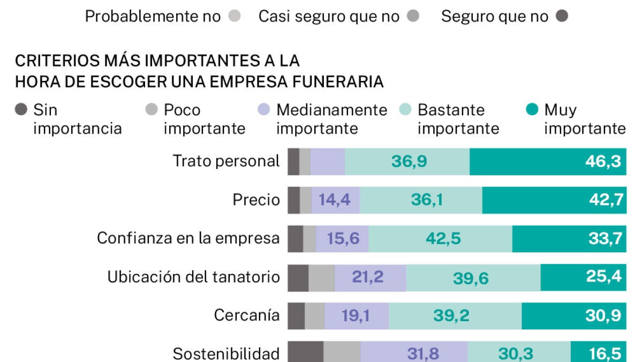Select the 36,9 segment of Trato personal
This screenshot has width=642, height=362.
click(409, 162)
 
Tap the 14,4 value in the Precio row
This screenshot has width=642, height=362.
click(335, 200)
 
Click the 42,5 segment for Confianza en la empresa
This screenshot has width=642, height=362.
click(443, 239)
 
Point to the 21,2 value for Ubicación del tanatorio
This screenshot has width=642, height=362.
click(368, 277)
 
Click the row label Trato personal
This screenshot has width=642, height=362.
click(226, 161)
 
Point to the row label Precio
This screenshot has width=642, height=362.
click(256, 200)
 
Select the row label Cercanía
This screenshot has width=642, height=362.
click(246, 315)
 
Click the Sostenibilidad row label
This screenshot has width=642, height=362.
click(226, 353)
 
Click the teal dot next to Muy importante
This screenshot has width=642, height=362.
click(532, 110)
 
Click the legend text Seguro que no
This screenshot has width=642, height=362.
click(494, 17)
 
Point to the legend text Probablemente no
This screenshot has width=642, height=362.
click(153, 17)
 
